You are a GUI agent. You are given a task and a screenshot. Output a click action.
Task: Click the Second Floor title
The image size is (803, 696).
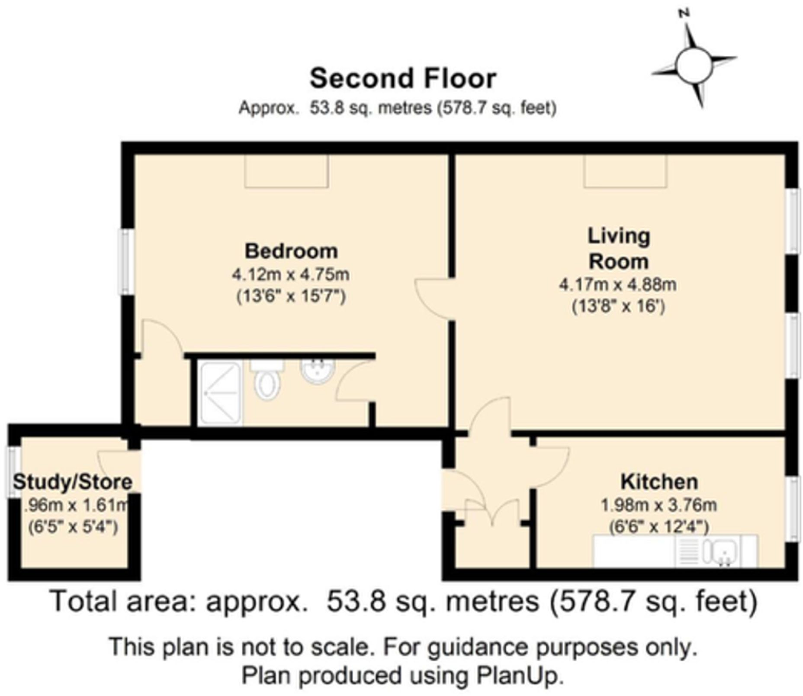(403, 78)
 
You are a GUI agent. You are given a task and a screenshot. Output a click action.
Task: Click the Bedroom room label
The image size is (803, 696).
(291, 251)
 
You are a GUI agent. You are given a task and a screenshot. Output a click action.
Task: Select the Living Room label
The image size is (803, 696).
(618, 249)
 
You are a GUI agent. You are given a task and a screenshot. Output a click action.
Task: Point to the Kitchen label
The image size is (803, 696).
(659, 482)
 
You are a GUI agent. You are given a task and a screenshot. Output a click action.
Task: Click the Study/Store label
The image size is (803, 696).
(72, 482)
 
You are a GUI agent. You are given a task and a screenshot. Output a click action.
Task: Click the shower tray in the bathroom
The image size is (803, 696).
(220, 393)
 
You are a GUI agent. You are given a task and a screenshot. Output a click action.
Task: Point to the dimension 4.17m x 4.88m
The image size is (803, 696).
(618, 285)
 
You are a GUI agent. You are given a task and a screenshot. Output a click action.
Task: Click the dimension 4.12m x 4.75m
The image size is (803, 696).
(291, 274)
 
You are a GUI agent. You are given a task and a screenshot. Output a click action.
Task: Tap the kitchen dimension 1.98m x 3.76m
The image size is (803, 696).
(658, 505)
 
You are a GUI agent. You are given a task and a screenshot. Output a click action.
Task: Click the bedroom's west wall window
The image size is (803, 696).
(126, 262)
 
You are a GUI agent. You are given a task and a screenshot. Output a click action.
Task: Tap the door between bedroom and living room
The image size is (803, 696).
(433, 299)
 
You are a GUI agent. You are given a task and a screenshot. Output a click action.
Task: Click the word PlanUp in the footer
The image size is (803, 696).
(520, 676)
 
